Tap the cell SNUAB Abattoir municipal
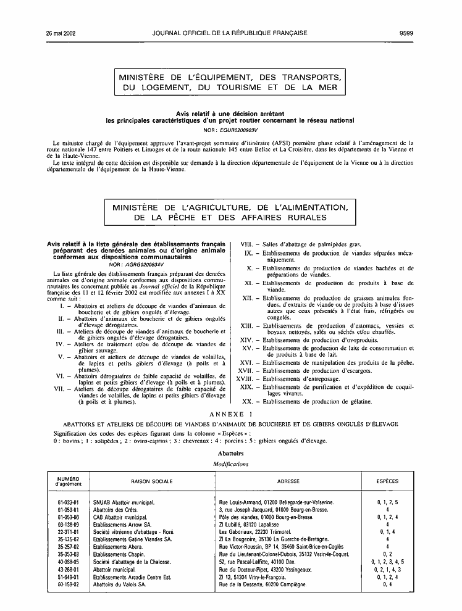pos(124,503)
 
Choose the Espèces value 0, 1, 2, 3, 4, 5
pos(387,562)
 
